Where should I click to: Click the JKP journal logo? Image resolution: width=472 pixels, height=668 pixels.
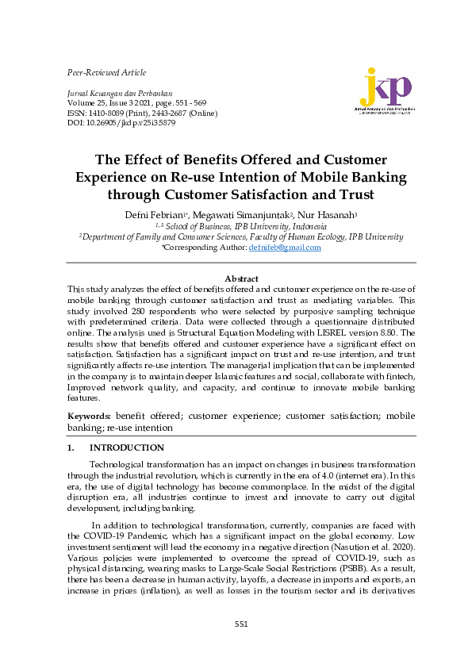coord(386,94)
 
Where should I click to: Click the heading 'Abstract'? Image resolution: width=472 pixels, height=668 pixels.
coord(241,278)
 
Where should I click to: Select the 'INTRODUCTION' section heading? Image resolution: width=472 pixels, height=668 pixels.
coord(127,447)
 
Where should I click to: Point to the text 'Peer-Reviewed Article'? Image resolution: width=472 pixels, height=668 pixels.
coord(106,72)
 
